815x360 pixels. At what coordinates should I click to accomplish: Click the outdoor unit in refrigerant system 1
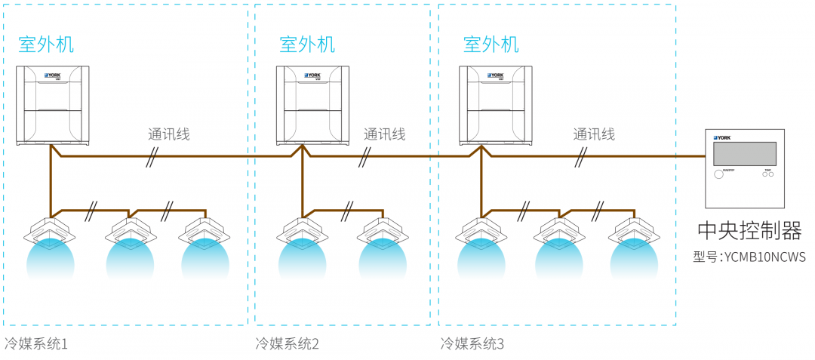pyautogui.click(x=54, y=105)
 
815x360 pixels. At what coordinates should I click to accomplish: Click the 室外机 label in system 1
pyautogui.click(x=46, y=45)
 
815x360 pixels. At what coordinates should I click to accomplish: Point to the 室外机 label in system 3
pyautogui.click(x=491, y=45)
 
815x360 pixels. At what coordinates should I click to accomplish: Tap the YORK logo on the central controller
pyautogui.click(x=722, y=138)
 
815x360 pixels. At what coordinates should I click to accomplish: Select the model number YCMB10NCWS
pyautogui.click(x=749, y=257)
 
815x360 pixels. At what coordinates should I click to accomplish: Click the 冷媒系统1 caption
pyautogui.click(x=35, y=344)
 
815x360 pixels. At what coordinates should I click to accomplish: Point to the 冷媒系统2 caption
pyautogui.click(x=288, y=344)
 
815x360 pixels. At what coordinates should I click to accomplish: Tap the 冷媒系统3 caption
pyautogui.click(x=472, y=344)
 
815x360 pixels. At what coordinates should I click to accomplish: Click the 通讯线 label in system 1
pyautogui.click(x=168, y=134)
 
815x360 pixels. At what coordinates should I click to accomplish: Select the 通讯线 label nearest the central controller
pyautogui.click(x=593, y=134)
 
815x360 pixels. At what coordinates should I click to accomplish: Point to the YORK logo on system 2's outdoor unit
pyautogui.click(x=313, y=75)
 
